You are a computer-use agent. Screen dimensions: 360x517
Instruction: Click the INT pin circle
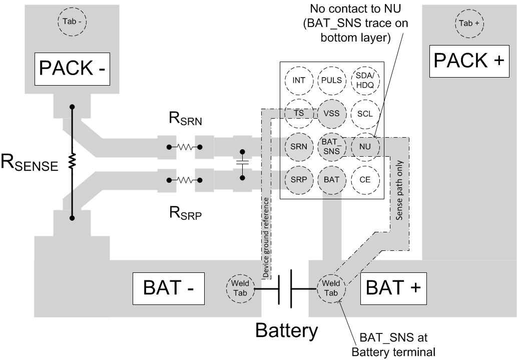(x=299, y=80)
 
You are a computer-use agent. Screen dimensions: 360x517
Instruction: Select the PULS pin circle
(x=332, y=80)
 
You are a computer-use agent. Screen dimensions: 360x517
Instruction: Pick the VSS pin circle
(x=332, y=113)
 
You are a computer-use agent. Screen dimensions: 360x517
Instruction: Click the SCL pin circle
(x=365, y=114)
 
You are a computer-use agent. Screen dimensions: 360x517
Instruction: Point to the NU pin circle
(x=365, y=146)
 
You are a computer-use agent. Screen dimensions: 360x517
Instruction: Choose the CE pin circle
(x=365, y=179)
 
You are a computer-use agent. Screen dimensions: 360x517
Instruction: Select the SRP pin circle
(x=299, y=179)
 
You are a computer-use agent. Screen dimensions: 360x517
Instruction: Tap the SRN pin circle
(x=299, y=146)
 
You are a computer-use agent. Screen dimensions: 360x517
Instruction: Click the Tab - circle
(x=73, y=22)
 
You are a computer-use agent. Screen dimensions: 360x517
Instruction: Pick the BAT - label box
(x=168, y=288)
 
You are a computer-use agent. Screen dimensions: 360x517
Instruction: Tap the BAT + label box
(x=393, y=288)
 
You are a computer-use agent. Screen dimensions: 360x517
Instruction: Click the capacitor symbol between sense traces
(x=243, y=163)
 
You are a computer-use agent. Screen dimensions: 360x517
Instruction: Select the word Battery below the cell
(x=287, y=330)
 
